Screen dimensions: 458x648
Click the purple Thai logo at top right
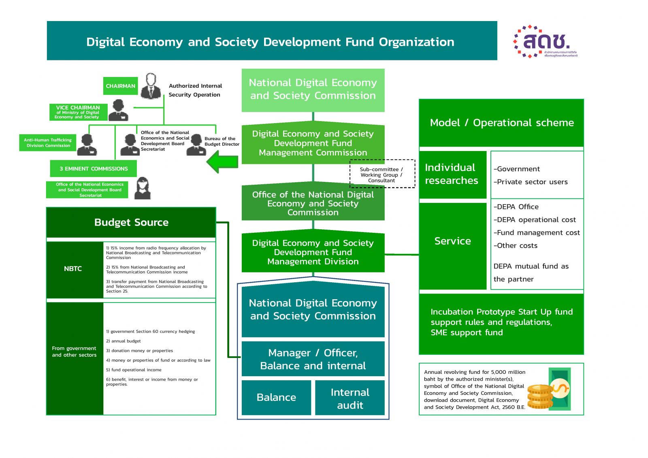click(x=545, y=42)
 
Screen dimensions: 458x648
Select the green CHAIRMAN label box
click(x=120, y=86)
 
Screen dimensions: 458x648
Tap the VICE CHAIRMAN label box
click(x=78, y=112)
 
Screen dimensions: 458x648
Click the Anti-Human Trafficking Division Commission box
click(x=48, y=143)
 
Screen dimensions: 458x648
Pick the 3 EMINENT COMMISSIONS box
click(x=94, y=168)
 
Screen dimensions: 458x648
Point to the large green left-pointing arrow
click(x=222, y=162)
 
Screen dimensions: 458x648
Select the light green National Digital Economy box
click(x=313, y=89)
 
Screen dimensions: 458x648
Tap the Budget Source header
click(x=131, y=222)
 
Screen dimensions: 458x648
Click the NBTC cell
click(x=73, y=269)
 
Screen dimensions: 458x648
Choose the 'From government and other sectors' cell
click(x=75, y=351)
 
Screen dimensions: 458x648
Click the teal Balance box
click(x=276, y=397)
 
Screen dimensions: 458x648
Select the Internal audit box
click(x=350, y=398)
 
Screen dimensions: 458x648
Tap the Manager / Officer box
click(x=313, y=359)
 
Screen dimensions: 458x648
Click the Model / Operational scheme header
click(x=501, y=123)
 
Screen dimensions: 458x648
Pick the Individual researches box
click(x=452, y=174)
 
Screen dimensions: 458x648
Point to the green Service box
click(x=452, y=241)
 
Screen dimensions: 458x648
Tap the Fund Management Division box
click(x=313, y=252)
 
